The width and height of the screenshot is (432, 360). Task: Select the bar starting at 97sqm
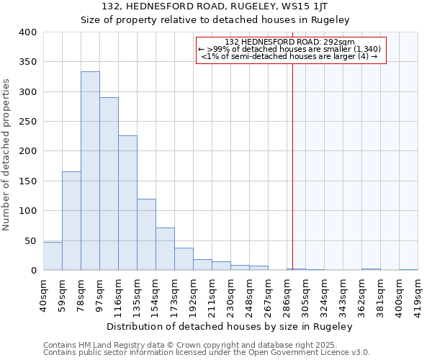[x=109, y=184]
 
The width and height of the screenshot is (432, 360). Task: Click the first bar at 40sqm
[x=53, y=256]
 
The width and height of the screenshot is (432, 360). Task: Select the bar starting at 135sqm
[x=146, y=235]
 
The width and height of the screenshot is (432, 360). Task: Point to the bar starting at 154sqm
[x=165, y=249]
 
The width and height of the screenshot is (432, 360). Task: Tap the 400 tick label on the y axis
[x=27, y=32]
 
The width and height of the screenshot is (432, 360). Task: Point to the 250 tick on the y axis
[x=27, y=122]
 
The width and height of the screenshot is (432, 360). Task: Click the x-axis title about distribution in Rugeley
[x=230, y=326]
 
